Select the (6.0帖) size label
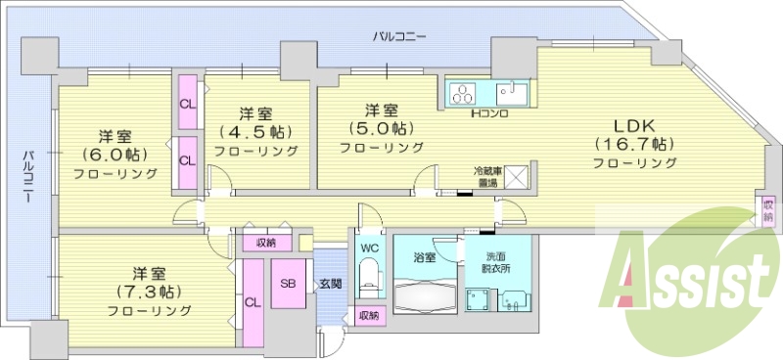point(115,155)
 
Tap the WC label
point(370,248)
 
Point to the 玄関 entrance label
point(329,284)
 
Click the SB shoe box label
point(289,284)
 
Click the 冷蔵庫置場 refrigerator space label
point(481,177)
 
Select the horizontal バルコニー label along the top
point(399,37)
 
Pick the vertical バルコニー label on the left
point(30,177)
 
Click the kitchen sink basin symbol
point(510,94)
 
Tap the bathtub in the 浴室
point(423,292)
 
